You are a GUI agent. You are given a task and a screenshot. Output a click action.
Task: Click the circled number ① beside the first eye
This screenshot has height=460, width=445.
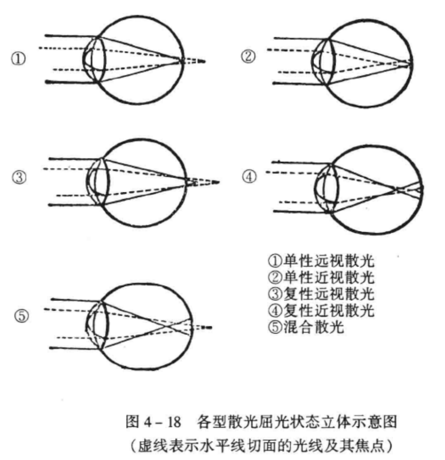18,59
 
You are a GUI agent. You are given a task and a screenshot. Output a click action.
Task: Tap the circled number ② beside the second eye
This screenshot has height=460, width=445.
248,56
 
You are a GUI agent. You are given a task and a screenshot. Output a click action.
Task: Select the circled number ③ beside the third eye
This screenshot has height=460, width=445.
19,178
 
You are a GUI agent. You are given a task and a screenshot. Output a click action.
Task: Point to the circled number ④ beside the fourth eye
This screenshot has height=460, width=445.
249,177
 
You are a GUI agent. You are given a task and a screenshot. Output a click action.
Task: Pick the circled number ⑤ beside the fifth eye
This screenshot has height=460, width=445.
22,316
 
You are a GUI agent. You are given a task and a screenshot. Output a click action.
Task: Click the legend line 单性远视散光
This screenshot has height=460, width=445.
321,260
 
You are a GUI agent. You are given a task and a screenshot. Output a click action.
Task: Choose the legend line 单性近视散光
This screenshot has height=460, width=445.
321,277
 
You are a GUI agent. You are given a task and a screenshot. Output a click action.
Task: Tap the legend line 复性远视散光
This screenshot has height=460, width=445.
321,293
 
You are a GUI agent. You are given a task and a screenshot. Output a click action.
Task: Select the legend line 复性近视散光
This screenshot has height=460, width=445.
321,310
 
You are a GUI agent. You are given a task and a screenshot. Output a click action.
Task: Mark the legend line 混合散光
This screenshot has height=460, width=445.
306,327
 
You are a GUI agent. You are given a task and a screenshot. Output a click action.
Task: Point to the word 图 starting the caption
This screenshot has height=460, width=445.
133,422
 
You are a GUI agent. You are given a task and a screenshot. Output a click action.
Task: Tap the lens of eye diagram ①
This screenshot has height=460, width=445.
98,59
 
